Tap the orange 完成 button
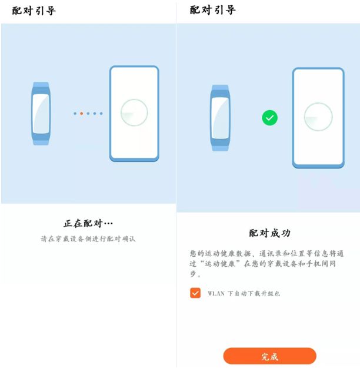tap(269, 356)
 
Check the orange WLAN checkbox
tap(195, 293)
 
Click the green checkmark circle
tap(269, 118)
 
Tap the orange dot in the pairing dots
tap(82, 114)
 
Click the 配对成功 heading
tap(269, 233)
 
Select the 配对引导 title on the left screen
tap(34, 11)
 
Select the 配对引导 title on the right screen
tap(212, 10)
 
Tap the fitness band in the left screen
tap(41, 114)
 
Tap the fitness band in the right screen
tap(220, 118)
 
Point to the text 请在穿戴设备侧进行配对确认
tap(88, 238)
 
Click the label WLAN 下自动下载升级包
tap(244, 293)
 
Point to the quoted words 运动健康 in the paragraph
tap(220, 264)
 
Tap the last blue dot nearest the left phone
tap(101, 114)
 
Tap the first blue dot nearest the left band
tap(75, 114)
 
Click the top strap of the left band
tap(41, 85)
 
